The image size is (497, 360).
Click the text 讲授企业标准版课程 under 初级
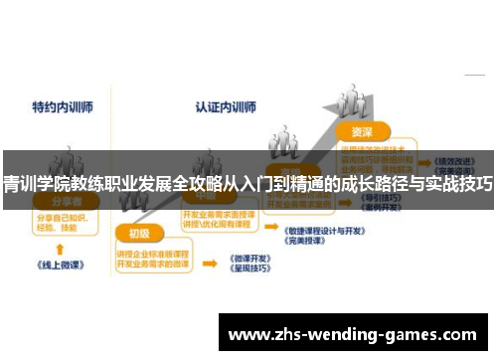point(149,251)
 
